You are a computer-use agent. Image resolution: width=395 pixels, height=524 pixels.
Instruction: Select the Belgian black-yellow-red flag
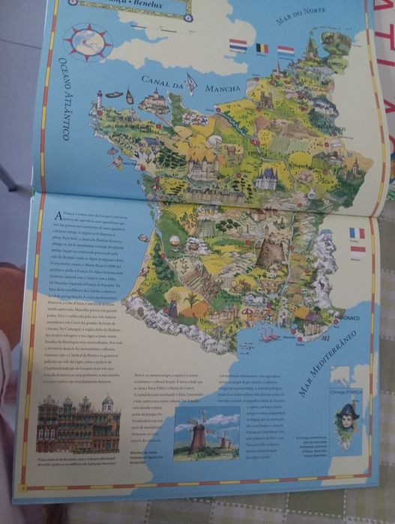tap(261, 49)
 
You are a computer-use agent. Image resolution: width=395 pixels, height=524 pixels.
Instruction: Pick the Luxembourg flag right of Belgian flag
tap(286, 51)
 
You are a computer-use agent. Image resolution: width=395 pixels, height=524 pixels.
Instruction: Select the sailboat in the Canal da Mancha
tap(191, 86)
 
